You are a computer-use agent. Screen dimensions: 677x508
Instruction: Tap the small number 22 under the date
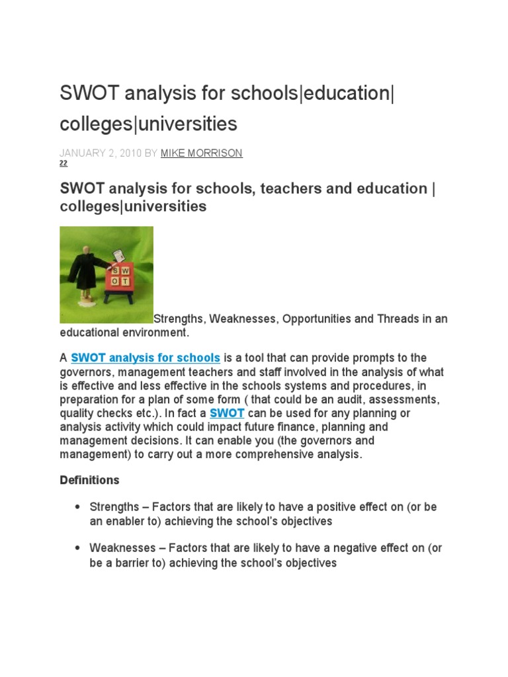pos(63,163)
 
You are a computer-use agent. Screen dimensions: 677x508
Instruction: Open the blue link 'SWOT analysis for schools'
pos(146,358)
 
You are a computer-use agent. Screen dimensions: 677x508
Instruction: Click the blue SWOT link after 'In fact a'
pos(227,413)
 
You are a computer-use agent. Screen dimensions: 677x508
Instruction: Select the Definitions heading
pos(90,480)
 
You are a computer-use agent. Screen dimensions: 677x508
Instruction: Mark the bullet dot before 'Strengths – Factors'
pos(77,508)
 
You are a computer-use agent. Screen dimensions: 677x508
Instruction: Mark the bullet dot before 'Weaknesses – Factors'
pos(77,549)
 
